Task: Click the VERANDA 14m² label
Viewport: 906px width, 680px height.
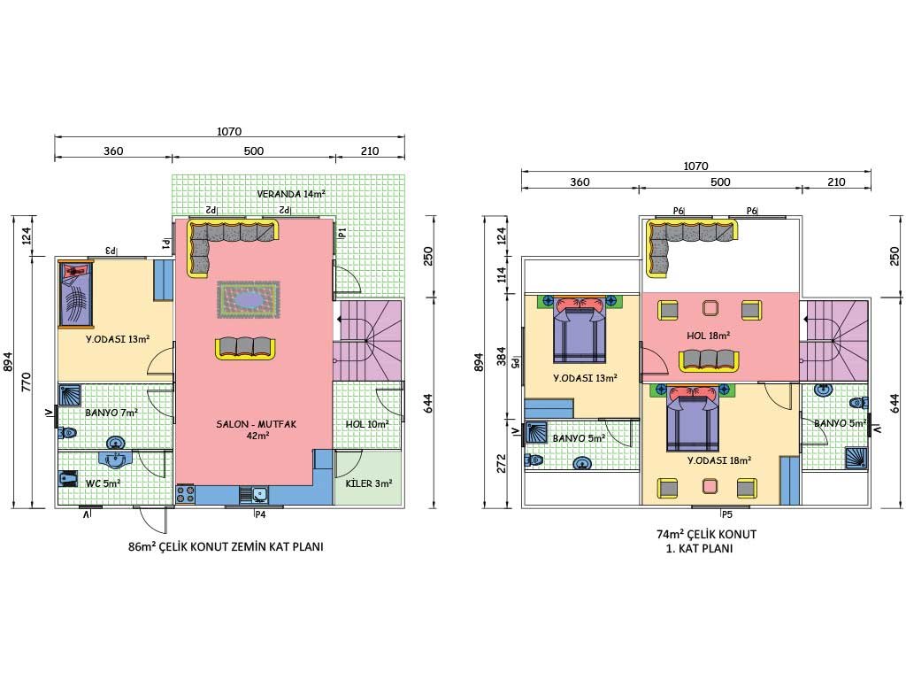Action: tap(290, 194)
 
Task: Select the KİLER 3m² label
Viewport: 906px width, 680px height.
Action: tap(369, 483)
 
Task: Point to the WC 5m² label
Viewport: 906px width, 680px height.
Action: tap(103, 483)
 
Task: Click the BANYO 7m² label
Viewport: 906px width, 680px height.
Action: tap(111, 413)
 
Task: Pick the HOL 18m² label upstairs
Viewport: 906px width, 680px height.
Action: tap(709, 336)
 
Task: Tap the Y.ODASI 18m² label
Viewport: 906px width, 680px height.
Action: tap(719, 460)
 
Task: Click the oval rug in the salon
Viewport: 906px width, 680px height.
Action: tap(249, 299)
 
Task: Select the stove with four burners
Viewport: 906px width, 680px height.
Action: tap(186, 494)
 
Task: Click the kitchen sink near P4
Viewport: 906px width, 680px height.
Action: tap(254, 495)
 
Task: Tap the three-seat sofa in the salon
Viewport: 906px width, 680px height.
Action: tap(245, 349)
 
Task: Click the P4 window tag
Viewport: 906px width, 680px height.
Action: tap(261, 514)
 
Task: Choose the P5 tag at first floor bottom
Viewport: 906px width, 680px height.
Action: tap(726, 514)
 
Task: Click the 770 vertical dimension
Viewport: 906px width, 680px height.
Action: tap(26, 382)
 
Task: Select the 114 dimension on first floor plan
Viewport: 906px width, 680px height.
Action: tap(501, 274)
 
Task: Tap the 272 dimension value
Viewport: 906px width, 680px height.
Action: tap(501, 463)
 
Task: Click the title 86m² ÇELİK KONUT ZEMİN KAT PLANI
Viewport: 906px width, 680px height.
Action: tap(226, 546)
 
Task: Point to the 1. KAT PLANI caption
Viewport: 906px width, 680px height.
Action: tap(699, 548)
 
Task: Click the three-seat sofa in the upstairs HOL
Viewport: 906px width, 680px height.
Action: tap(709, 361)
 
